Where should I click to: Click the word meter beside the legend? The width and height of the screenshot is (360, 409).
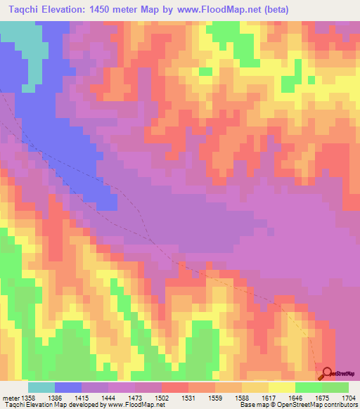click(x=11, y=397)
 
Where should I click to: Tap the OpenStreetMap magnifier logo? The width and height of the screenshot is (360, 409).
click(x=326, y=373)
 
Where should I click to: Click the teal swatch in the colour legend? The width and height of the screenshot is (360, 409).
click(x=41, y=387)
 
